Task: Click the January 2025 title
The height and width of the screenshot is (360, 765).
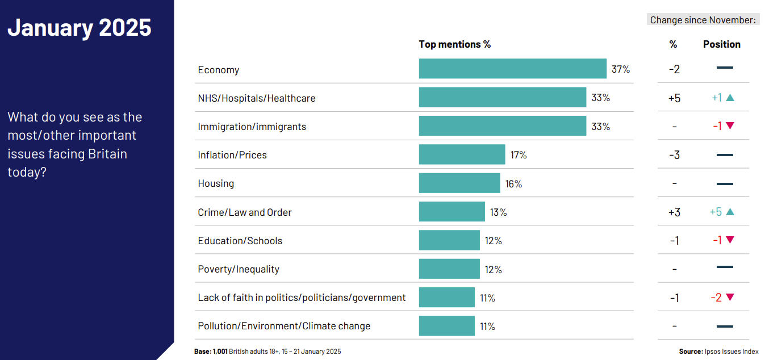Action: pyautogui.click(x=80, y=27)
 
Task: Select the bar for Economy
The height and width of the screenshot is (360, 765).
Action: pyautogui.click(x=512, y=69)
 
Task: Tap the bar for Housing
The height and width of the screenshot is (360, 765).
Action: pyautogui.click(x=459, y=183)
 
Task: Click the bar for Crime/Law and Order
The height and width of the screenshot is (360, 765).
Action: pyautogui.click(x=452, y=212)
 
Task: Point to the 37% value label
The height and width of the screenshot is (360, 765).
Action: pyautogui.click(x=621, y=69)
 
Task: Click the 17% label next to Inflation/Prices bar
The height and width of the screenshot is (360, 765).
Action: pyautogui.click(x=518, y=154)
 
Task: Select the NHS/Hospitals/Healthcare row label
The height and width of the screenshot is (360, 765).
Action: pyautogui.click(x=256, y=98)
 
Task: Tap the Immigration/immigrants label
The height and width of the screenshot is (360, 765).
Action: pyautogui.click(x=252, y=127)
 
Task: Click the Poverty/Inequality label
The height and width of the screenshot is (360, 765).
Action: pyautogui.click(x=239, y=269)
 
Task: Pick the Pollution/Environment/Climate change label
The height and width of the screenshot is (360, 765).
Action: pyautogui.click(x=284, y=326)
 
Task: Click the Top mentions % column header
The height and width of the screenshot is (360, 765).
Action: pyautogui.click(x=454, y=44)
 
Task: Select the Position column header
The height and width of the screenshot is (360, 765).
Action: pyautogui.click(x=722, y=44)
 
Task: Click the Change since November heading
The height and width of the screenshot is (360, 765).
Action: pyautogui.click(x=703, y=20)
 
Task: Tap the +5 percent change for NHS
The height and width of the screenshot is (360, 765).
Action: pyautogui.click(x=674, y=98)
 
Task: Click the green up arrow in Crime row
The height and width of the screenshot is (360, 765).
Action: pyautogui.click(x=730, y=212)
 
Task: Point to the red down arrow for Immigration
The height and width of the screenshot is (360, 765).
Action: pyautogui.click(x=730, y=126)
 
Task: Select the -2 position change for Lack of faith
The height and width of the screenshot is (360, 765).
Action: pyautogui.click(x=717, y=298)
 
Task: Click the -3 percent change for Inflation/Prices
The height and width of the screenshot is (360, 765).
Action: pyautogui.click(x=674, y=154)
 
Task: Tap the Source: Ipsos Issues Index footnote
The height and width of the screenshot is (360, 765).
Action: pyautogui.click(x=718, y=351)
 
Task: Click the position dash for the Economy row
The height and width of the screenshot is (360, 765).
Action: pyautogui.click(x=725, y=68)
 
